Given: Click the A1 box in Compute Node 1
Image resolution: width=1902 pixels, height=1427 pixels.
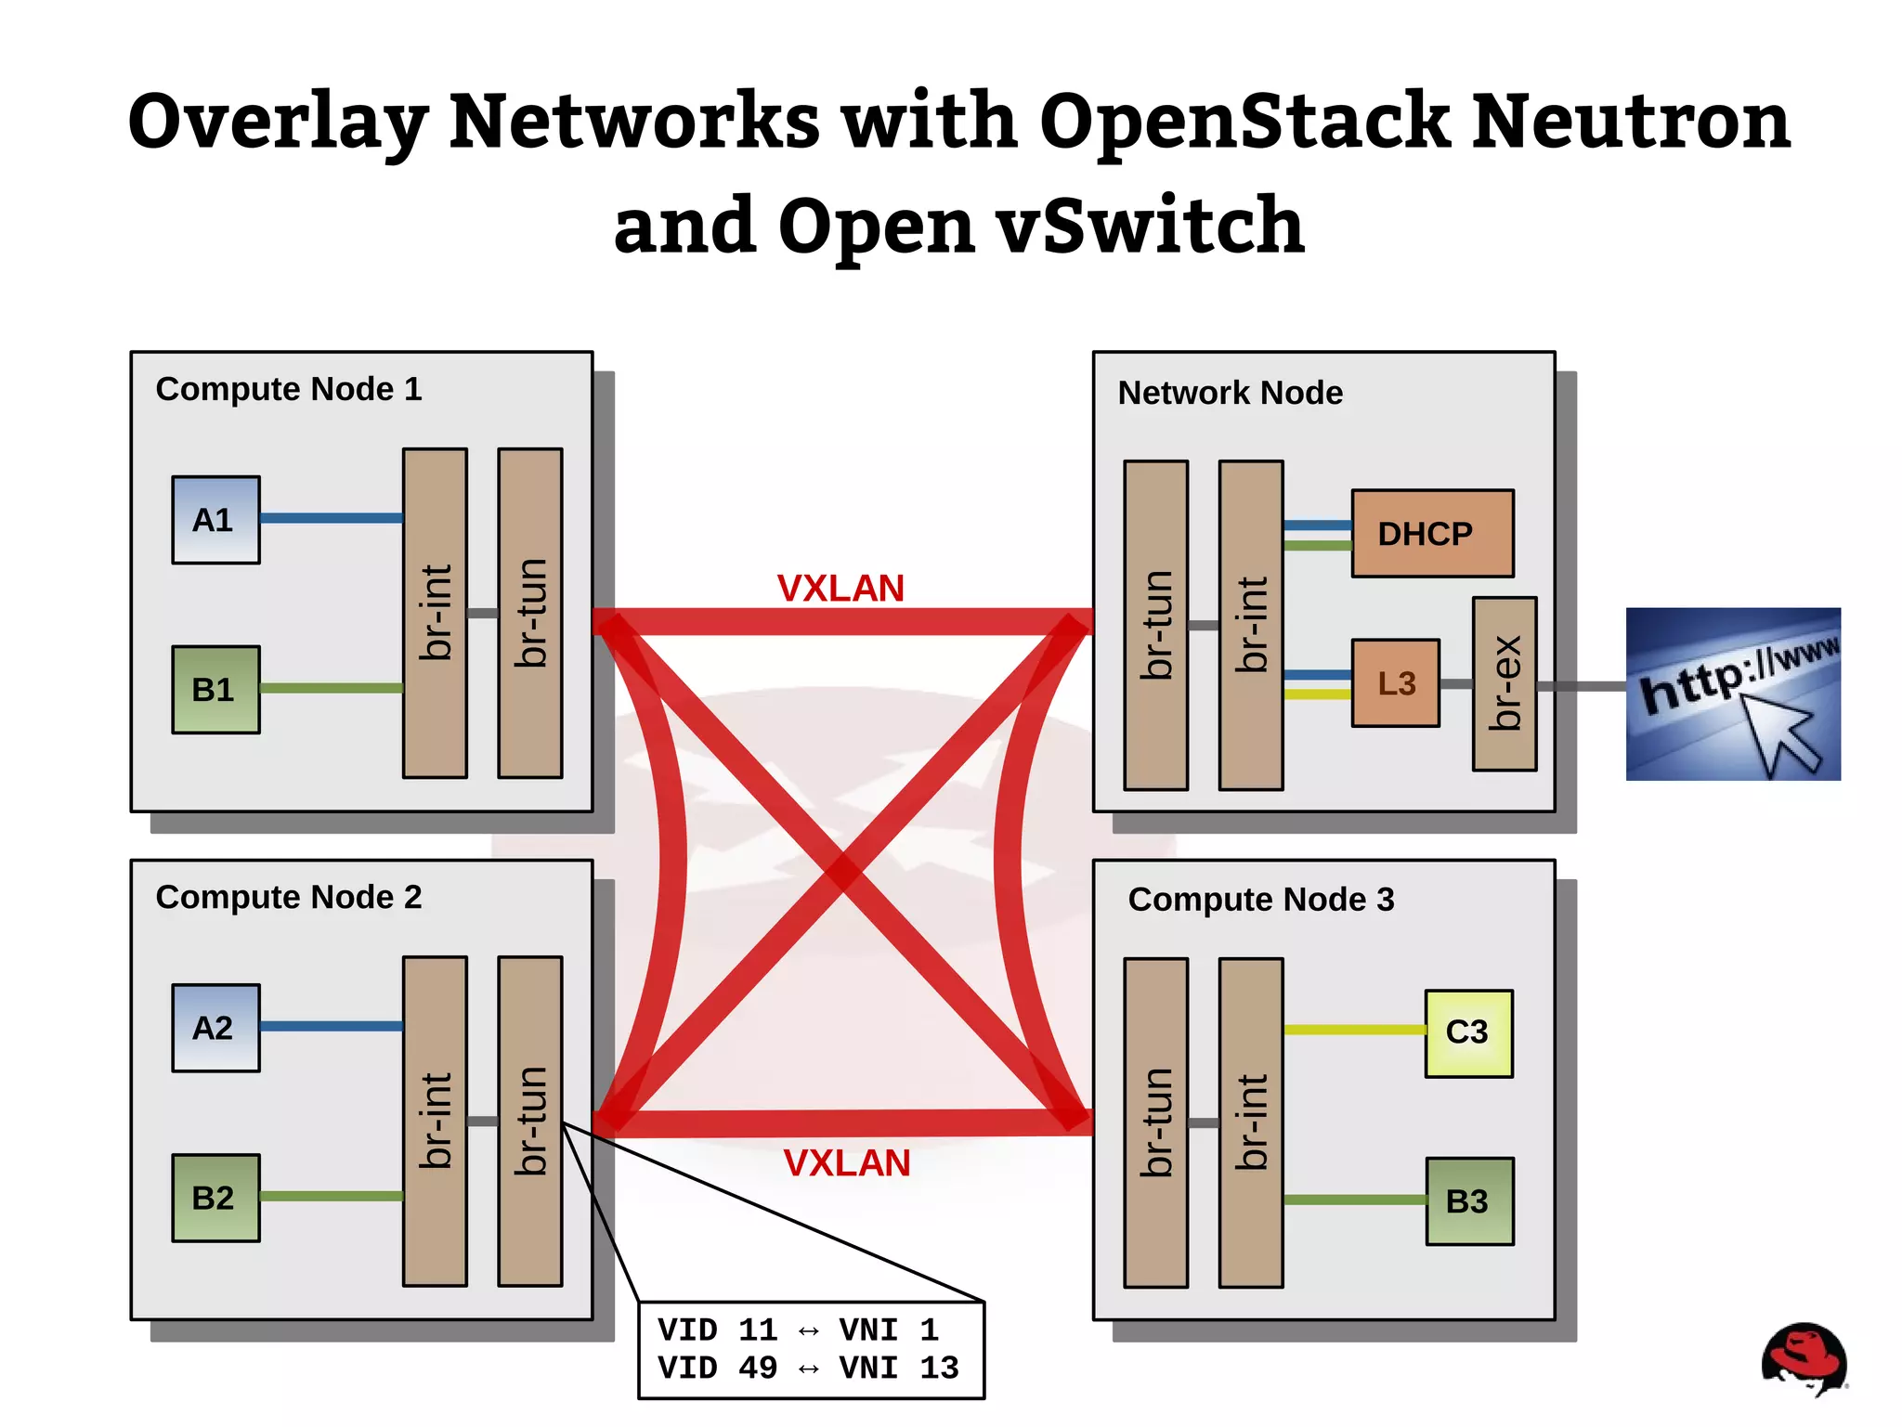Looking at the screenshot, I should [x=215, y=520].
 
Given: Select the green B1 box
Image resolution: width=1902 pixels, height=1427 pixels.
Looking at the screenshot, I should [x=215, y=690].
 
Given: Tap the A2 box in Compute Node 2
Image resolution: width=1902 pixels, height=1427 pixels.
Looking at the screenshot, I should [x=215, y=1028].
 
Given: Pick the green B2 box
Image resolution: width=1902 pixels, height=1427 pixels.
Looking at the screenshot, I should [x=215, y=1198].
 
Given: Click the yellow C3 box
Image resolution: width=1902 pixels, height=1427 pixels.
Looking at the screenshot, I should [x=1468, y=1032].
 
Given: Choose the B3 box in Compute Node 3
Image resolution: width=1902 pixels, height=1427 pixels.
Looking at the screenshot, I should [x=1469, y=1201].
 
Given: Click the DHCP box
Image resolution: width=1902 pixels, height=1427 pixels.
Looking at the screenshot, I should [x=1431, y=534].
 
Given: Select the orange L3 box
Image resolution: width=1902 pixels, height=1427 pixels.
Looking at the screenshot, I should [x=1395, y=683].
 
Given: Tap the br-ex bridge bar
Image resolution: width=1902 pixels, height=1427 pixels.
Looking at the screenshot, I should [x=1504, y=683].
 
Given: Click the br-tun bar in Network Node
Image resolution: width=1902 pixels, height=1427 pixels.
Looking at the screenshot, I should [x=1155, y=625].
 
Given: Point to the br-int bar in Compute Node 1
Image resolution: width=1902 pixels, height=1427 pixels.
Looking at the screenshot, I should [x=435, y=613].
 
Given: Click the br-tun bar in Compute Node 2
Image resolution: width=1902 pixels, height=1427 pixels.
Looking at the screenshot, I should [x=529, y=1121].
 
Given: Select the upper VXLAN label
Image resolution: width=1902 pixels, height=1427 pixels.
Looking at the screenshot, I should [x=840, y=589].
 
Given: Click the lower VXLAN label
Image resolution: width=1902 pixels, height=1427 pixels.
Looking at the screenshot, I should [x=846, y=1163].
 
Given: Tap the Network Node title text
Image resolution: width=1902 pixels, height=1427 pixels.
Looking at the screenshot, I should [x=1230, y=393].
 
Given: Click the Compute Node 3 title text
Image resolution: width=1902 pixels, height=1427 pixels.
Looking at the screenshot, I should [x=1260, y=899].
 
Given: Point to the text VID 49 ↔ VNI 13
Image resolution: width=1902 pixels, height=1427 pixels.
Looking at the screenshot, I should [x=807, y=1368].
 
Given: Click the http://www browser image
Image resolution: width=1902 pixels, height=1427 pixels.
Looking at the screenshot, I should [x=1732, y=694].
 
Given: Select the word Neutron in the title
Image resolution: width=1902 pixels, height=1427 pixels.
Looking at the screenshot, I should [x=1631, y=121].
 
